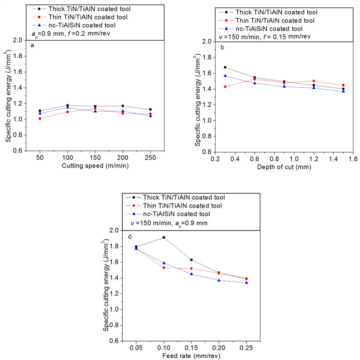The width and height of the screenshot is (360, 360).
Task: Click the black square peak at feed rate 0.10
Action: coord(163,237)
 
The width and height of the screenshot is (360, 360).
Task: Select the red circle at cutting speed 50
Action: coord(40,118)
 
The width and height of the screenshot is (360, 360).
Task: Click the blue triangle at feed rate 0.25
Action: coord(246,283)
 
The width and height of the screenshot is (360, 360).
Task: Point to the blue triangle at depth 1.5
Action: coord(343,91)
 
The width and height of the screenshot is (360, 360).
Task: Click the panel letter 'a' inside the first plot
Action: coord(32,46)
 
